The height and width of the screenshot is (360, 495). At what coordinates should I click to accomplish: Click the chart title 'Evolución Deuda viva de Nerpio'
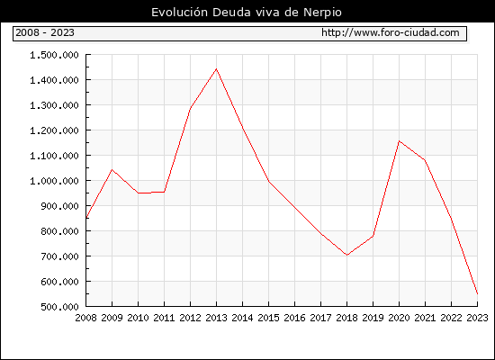[247, 13]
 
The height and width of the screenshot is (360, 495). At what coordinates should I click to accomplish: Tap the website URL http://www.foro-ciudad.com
[391, 32]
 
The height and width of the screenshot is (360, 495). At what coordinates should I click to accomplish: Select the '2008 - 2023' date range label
[45, 32]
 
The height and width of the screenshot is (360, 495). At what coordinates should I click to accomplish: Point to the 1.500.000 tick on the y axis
[54, 55]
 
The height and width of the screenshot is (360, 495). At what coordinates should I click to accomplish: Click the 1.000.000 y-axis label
[54, 181]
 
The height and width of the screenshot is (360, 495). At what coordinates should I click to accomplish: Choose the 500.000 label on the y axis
[59, 307]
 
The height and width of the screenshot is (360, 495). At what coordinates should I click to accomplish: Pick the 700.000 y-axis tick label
[59, 256]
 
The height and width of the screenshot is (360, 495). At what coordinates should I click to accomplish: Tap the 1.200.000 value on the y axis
[54, 130]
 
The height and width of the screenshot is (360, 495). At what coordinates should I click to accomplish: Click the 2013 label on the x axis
[216, 318]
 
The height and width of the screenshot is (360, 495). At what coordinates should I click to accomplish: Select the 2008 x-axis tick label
[85, 318]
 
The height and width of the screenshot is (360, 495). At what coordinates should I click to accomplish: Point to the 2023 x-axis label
[477, 318]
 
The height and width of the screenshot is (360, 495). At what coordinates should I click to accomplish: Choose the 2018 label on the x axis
[346, 318]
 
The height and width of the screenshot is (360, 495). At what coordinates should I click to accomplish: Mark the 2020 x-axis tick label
[399, 318]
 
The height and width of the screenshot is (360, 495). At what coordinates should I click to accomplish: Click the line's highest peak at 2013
[216, 68]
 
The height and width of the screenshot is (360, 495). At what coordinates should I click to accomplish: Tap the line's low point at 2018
[346, 255]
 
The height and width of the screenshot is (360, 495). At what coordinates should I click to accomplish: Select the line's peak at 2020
[399, 140]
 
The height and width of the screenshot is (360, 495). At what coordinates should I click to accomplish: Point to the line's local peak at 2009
[112, 169]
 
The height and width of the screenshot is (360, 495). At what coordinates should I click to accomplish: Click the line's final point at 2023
[477, 293]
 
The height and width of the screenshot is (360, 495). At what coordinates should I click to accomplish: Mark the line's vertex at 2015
[269, 181]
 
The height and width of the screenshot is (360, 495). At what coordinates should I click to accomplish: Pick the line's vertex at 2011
[164, 192]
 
